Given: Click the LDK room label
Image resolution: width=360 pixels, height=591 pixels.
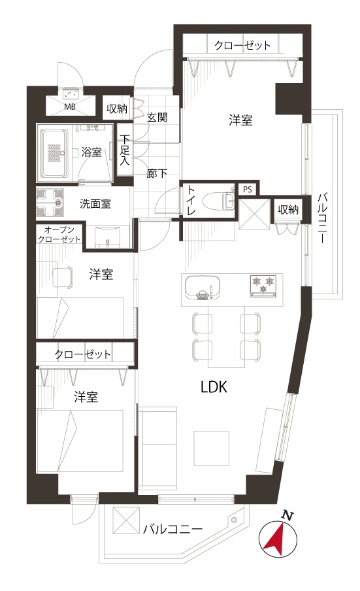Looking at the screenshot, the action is (x=214, y=387).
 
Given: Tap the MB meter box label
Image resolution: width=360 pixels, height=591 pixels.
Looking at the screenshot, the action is (x=70, y=107).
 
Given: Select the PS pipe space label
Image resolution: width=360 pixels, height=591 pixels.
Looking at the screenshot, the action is (x=248, y=189).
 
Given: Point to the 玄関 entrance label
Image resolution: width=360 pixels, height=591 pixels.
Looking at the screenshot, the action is (x=157, y=118).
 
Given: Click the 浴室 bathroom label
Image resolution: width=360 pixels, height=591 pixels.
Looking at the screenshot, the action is (x=91, y=152).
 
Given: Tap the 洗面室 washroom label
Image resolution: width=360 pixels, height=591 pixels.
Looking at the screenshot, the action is (x=95, y=204).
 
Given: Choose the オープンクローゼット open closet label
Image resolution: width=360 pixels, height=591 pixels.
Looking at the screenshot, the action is (x=59, y=234).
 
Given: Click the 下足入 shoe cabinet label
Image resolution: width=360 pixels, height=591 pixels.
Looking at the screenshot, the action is (x=125, y=150).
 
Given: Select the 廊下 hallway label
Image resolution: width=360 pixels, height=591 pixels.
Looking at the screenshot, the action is (x=157, y=174).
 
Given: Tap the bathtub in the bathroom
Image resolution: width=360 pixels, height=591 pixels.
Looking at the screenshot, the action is (x=55, y=154).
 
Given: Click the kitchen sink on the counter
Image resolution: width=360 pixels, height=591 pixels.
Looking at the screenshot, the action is (x=203, y=288).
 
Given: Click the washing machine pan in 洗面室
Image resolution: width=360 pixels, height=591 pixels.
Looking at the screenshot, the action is (x=50, y=203).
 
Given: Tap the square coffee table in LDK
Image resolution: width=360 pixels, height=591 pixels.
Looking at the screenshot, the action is (x=212, y=448).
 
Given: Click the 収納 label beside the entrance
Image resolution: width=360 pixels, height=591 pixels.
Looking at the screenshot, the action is (x=117, y=109).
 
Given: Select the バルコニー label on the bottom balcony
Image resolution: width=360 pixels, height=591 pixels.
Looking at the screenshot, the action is (x=172, y=529).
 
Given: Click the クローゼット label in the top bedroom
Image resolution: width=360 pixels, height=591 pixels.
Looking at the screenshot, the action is (x=242, y=46).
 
